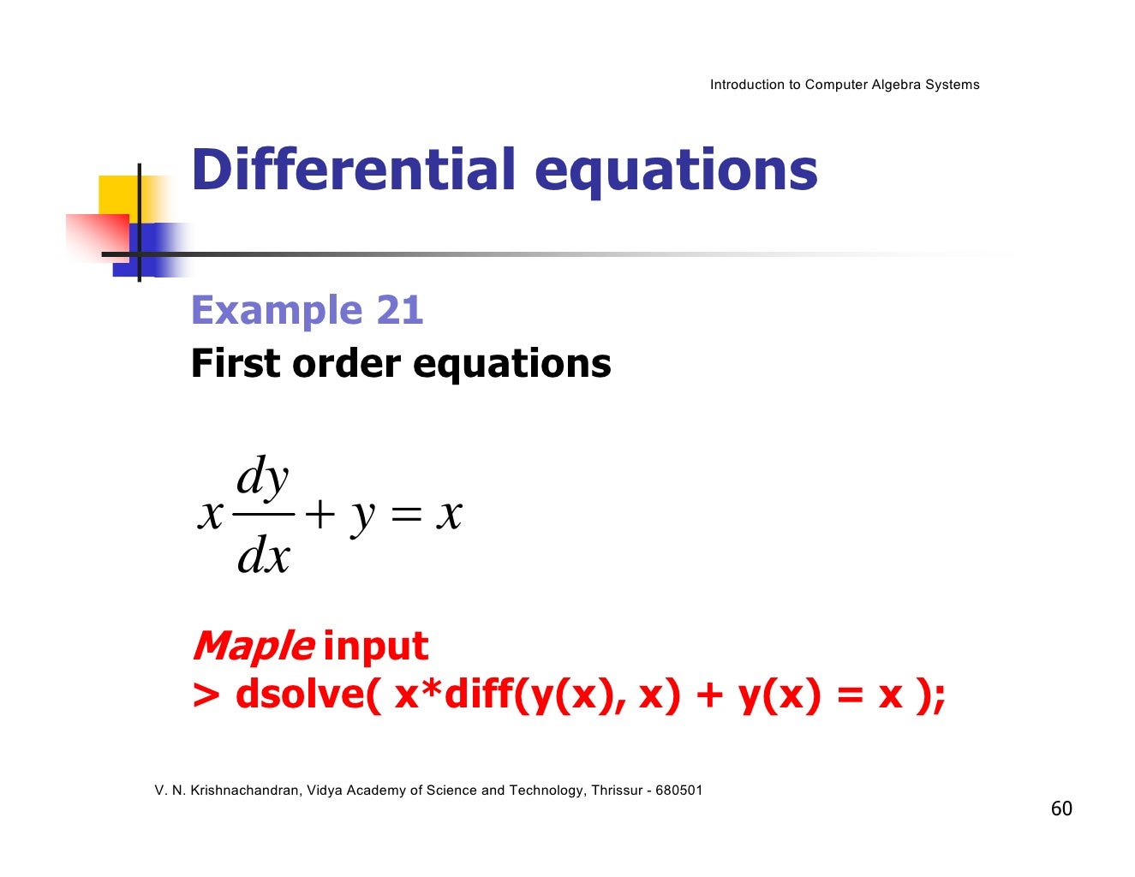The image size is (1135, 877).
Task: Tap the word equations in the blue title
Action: pyautogui.click(x=676, y=170)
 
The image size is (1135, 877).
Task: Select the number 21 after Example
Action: pyautogui.click(x=399, y=310)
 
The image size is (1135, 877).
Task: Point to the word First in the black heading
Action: pyautogui.click(x=236, y=363)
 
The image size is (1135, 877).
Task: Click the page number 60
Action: pyautogui.click(x=1061, y=809)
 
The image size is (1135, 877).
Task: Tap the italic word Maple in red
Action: pyautogui.click(x=253, y=647)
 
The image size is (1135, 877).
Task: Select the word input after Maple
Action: pyautogui.click(x=375, y=646)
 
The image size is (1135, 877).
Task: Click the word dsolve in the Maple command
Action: pyautogui.click(x=307, y=694)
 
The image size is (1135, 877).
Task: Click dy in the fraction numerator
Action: pyautogui.click(x=263, y=477)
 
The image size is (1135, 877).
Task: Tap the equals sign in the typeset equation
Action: pyautogui.click(x=406, y=516)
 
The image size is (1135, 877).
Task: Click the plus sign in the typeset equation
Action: pyautogui.click(x=319, y=516)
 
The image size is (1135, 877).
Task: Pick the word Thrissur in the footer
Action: pyautogui.click(x=616, y=790)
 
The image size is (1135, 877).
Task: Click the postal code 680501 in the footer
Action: pyautogui.click(x=678, y=790)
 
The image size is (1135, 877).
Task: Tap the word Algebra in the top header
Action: pyautogui.click(x=895, y=85)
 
